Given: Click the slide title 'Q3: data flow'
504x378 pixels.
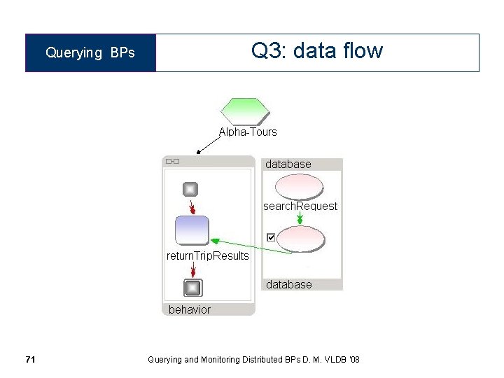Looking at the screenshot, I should [x=316, y=51].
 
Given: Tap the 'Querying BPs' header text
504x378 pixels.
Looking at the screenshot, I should [x=90, y=53].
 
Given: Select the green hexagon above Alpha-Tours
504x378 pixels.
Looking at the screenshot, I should [x=244, y=111].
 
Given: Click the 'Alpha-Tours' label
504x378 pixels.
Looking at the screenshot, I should [x=248, y=132].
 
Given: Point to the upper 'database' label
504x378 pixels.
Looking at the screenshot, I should [x=288, y=164].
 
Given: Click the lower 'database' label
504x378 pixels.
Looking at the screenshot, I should [x=288, y=284].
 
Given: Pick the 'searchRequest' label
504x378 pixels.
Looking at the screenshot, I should [x=300, y=206].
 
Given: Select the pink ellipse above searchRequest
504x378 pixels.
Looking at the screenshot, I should [x=299, y=186].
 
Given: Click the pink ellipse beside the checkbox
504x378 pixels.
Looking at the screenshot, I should [x=300, y=239].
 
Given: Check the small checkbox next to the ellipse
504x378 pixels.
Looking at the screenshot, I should [x=271, y=238].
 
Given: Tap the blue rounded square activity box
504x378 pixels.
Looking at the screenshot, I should [x=191, y=230].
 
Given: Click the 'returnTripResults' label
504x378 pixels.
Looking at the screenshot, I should [x=207, y=255].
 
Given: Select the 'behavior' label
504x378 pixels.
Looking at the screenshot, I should [x=189, y=309].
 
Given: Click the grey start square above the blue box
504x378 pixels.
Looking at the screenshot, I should [x=190, y=189].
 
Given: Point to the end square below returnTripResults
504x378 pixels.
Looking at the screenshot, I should [x=192, y=288].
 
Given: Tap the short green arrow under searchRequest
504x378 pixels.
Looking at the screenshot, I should [x=300, y=218].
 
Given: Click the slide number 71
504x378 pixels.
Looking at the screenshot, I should [x=30, y=360].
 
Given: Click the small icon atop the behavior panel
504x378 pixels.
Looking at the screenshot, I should [x=172, y=162].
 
